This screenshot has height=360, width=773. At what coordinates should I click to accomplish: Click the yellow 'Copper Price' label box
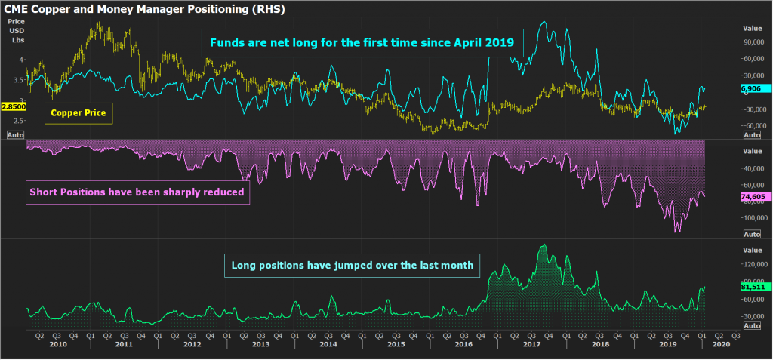click(78, 114)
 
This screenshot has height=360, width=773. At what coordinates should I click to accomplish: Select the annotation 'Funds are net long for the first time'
click(362, 42)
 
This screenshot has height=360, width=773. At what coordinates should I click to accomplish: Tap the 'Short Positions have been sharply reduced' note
click(137, 192)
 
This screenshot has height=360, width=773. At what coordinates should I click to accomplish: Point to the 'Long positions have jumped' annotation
click(352, 265)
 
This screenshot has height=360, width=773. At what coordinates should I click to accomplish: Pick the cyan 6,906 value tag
click(750, 88)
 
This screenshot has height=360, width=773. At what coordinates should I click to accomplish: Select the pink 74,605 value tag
click(752, 196)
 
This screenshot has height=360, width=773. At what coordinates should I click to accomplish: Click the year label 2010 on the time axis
click(57, 343)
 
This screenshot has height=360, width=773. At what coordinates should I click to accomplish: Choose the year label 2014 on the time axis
click(328, 343)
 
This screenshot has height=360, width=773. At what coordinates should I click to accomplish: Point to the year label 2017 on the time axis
click(531, 343)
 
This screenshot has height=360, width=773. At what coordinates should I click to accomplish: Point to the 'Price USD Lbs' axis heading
click(17, 30)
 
